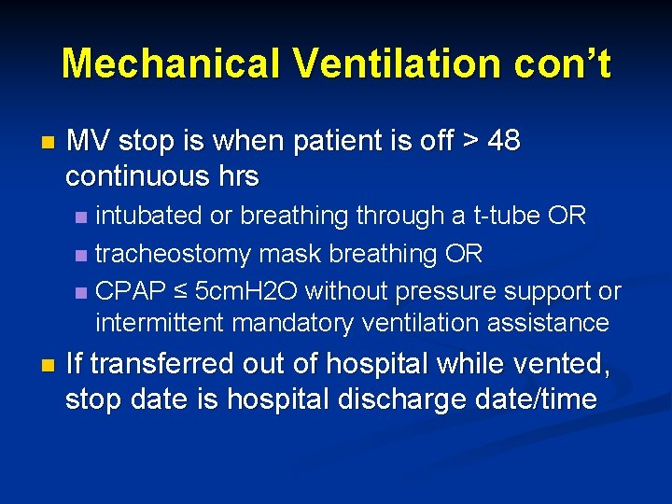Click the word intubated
click(149, 216)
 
